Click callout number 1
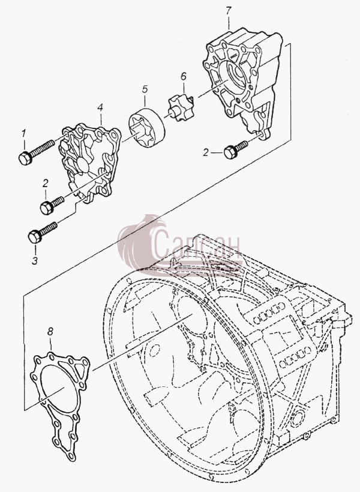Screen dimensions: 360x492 coord(23,134)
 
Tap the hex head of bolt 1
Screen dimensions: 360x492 coord(25,158)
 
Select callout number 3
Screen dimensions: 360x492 coord(35,260)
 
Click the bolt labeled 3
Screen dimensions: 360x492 coord(43,233)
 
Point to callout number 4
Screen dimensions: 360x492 coord(100,107)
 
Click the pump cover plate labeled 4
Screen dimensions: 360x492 coord(89,162)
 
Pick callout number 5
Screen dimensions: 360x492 coord(145,89)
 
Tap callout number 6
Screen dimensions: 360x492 coord(184,76)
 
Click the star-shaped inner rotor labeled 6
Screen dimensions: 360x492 coord(181,109)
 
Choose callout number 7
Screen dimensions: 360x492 coord(229,11)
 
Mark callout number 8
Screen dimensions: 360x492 coord(50,331)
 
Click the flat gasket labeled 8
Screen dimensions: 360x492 coord(59,405)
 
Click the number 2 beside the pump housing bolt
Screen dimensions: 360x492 coord(206,153)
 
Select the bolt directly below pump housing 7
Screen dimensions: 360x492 coord(235,150)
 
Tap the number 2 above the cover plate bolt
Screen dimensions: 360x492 coord(46,183)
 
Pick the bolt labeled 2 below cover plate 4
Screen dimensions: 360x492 coord(52,205)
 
